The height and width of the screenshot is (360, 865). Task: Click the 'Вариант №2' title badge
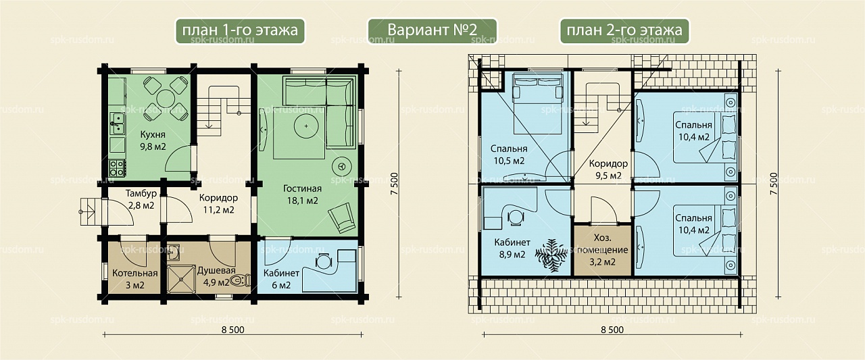432,30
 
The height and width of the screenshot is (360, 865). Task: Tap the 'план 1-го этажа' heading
240,30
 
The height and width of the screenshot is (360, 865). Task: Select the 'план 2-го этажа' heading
624,30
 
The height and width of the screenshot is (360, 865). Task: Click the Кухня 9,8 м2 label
153,140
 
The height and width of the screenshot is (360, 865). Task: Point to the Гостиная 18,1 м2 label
302,195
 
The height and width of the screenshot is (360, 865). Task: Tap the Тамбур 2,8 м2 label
141,199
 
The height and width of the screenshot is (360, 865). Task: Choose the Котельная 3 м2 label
134,279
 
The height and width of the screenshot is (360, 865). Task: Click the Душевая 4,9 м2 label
216,276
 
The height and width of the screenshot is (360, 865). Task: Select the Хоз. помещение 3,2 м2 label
602,250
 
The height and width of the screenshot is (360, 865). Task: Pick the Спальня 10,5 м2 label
509,155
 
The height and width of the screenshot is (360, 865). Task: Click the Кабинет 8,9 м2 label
512,248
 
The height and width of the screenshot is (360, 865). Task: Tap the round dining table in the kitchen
166,99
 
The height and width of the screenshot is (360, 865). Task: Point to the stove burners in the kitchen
117,168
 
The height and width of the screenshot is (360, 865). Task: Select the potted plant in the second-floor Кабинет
550,255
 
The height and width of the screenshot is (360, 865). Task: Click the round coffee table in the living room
306,126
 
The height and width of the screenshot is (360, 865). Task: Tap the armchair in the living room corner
342,217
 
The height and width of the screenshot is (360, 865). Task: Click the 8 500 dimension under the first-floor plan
233,330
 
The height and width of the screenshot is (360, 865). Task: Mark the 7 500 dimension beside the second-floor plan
774,184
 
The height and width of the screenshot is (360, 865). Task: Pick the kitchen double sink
117,124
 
